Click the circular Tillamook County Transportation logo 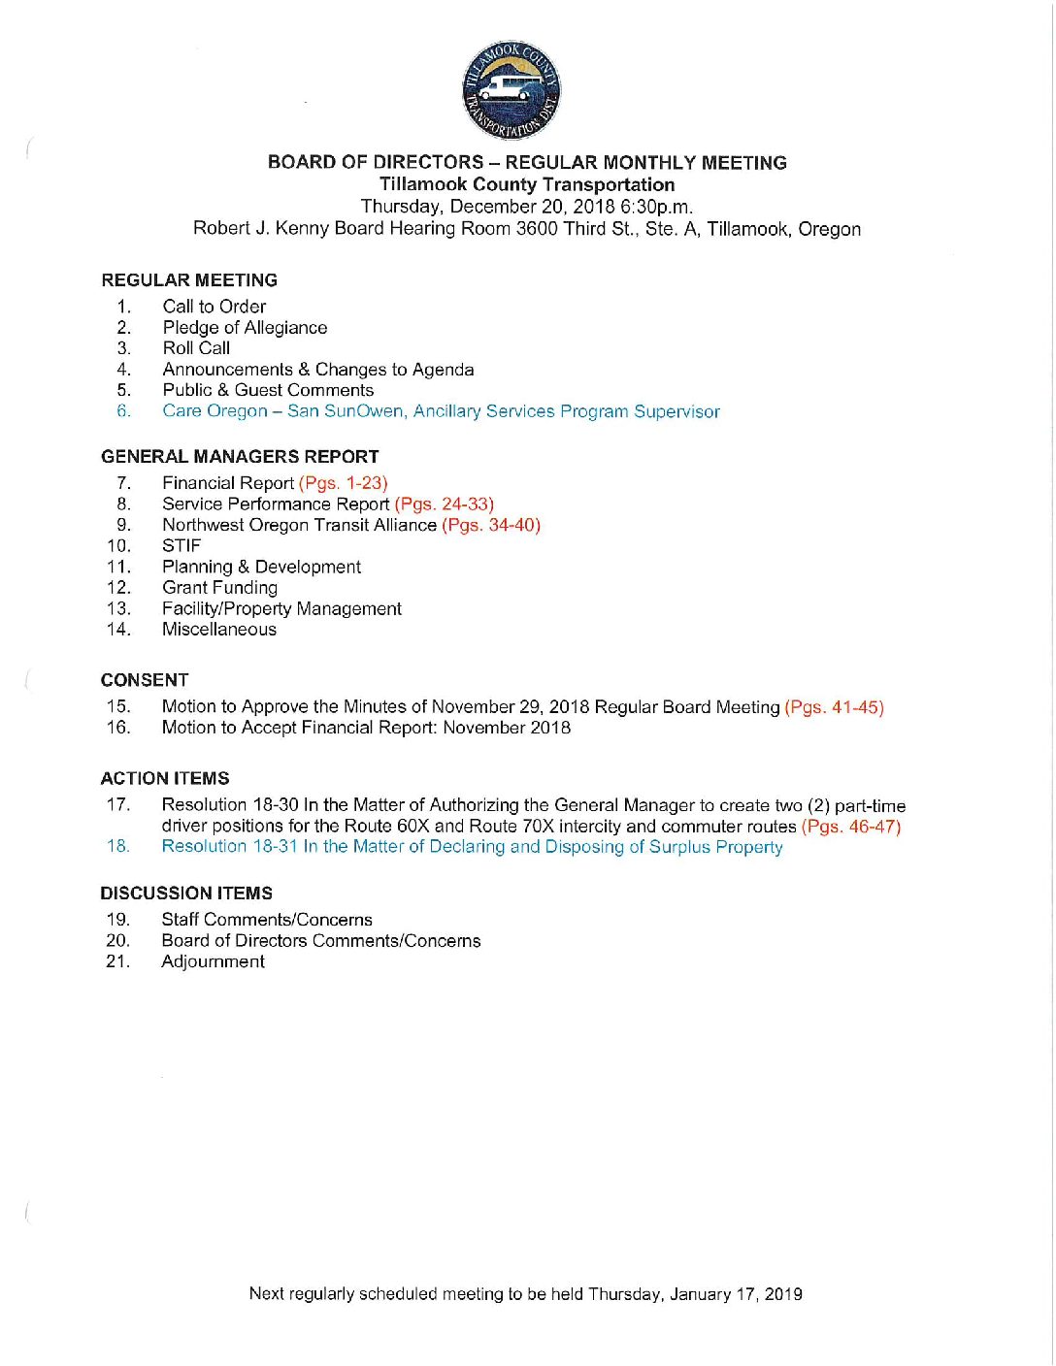click(x=511, y=90)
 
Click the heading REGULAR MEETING click(x=189, y=280)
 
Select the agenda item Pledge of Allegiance click(x=245, y=328)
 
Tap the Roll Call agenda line click(x=196, y=348)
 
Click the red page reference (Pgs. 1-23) click(x=343, y=483)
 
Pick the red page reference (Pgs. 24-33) click(x=444, y=504)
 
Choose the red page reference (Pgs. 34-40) click(x=490, y=525)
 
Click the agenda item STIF click(x=181, y=546)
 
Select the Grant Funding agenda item click(x=219, y=588)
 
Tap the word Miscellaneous click(x=218, y=630)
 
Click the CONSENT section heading click(x=145, y=680)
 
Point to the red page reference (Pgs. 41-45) click(x=834, y=707)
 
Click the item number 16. click(x=118, y=728)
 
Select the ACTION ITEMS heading click(x=165, y=779)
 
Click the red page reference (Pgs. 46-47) click(x=850, y=827)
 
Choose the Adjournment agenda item click(x=213, y=961)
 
